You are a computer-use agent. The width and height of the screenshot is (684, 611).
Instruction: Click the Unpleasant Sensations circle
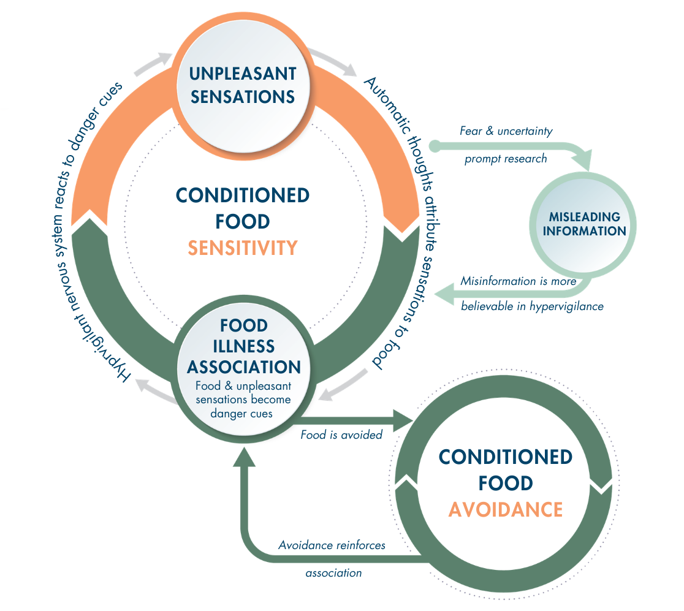tap(242, 86)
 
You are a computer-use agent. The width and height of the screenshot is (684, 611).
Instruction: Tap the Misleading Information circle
tap(584, 224)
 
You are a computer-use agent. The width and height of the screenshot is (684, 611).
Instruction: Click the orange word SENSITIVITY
tap(243, 248)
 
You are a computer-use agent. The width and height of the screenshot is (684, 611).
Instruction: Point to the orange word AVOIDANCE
tap(506, 509)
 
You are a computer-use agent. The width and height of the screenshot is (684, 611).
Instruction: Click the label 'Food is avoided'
tap(341, 435)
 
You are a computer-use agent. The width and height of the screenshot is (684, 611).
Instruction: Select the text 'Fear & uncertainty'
tap(506, 131)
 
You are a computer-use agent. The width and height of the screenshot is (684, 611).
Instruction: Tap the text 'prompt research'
tap(505, 159)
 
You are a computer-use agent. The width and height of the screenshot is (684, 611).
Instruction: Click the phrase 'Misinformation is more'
tap(519, 281)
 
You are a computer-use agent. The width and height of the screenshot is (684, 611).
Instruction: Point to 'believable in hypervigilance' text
tap(532, 306)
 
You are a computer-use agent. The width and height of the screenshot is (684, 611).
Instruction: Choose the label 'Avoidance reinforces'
tap(332, 545)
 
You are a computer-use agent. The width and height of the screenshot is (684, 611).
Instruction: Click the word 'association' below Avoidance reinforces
tap(333, 573)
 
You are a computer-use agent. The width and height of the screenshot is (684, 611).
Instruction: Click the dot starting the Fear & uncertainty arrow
tap(435, 146)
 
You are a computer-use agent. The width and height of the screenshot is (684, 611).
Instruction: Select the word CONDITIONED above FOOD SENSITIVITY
tap(243, 195)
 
